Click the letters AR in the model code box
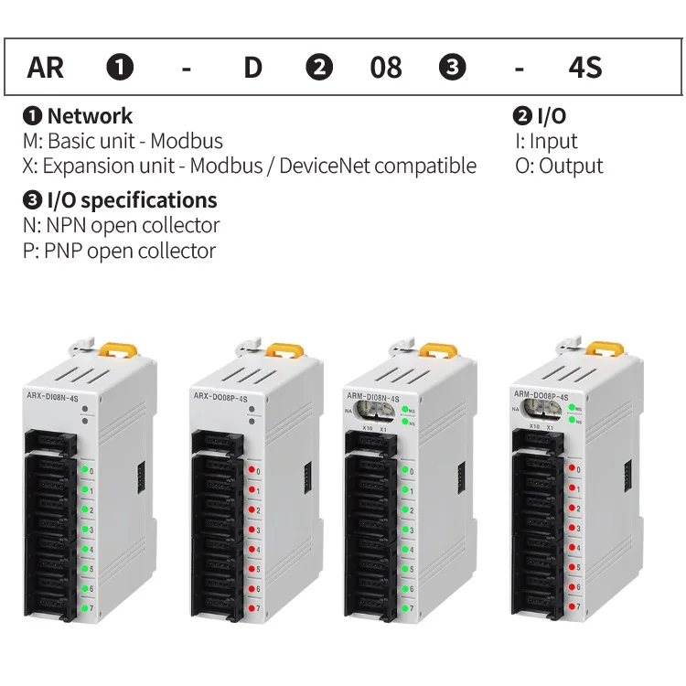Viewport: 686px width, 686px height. coord(46,68)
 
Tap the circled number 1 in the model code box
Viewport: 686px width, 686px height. coord(121,68)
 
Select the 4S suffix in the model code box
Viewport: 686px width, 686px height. coord(584,68)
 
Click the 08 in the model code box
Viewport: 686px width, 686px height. coord(385,68)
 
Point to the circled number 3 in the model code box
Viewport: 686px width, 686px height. coord(453,68)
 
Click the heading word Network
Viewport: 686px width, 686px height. coord(90,116)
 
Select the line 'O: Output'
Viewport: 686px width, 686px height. coord(559,166)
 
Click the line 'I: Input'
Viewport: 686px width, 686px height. coord(547,141)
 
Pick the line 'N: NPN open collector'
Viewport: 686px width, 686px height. coord(121,225)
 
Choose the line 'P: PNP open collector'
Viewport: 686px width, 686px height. coord(119,250)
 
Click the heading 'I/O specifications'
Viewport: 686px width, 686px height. coord(132,200)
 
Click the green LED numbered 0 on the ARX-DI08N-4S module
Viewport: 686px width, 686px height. coord(83,470)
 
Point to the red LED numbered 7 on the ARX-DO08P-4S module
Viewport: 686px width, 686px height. coord(249,607)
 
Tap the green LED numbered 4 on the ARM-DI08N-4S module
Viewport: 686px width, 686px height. coord(406,549)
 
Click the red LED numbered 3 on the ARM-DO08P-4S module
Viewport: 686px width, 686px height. coord(572,528)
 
